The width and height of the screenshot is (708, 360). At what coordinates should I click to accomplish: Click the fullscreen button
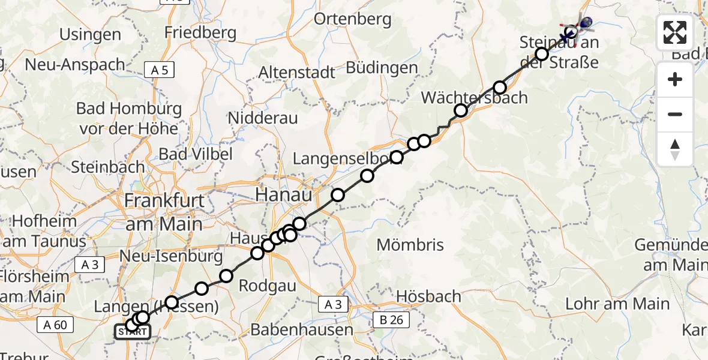click(675, 32)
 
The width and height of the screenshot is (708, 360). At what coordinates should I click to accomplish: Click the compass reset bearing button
click(675, 149)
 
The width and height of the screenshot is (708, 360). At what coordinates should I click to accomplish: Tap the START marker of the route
click(132, 331)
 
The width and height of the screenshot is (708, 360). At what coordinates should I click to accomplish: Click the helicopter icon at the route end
click(583, 23)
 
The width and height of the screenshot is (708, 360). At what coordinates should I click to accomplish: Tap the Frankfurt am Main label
click(163, 212)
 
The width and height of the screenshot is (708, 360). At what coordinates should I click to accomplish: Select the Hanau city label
click(284, 195)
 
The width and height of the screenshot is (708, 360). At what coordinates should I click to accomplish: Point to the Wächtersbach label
click(475, 97)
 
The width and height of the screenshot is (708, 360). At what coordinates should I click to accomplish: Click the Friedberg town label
click(200, 32)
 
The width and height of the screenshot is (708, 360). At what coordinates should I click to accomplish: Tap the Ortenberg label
click(352, 19)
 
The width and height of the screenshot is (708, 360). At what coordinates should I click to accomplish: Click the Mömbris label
click(410, 245)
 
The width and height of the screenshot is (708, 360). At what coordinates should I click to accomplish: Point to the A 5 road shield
click(160, 71)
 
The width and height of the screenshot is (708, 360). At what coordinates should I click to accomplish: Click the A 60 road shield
click(55, 325)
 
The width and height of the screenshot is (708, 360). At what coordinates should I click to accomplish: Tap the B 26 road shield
click(389, 320)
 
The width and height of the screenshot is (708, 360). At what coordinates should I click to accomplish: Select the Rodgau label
click(268, 286)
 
